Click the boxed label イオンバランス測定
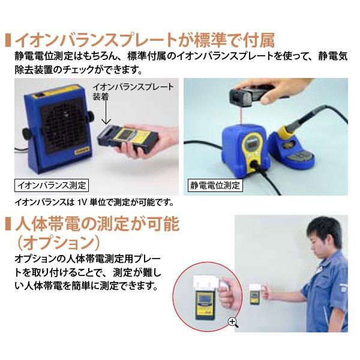point(51,185)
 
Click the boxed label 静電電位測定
point(215,185)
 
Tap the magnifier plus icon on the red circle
point(233,322)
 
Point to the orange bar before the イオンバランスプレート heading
point(8,41)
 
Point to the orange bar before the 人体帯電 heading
point(8,224)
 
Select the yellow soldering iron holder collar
point(284,132)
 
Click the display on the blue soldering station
point(253,145)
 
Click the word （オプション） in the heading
point(59,242)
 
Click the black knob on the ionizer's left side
point(26,133)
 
